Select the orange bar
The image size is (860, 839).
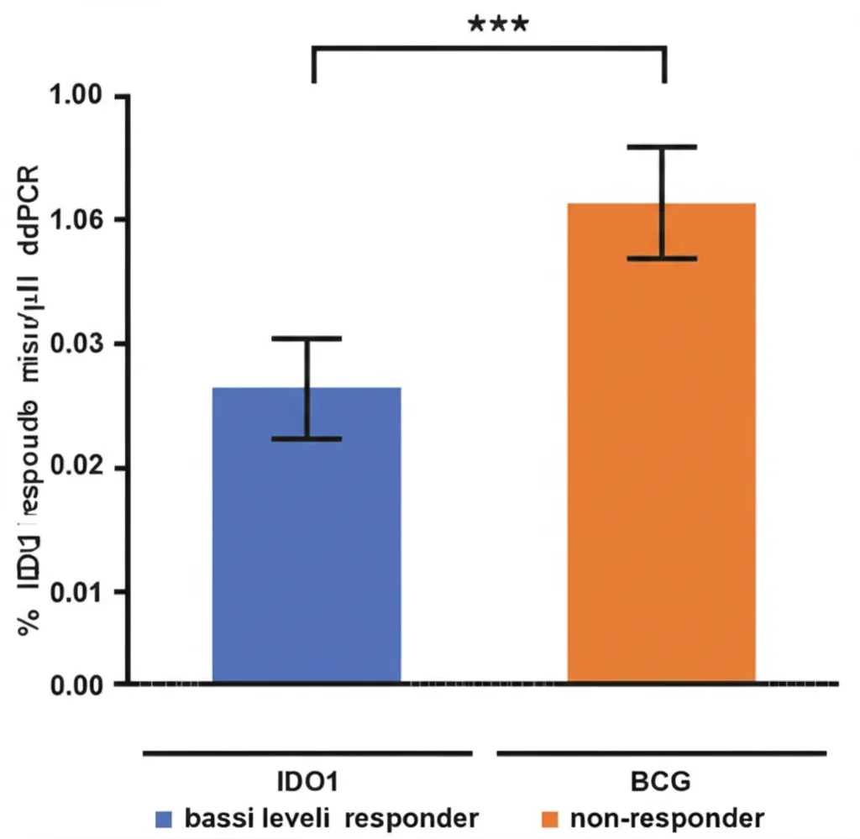click(x=662, y=445)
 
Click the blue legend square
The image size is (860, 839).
click(x=165, y=818)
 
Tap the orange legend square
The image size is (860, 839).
click(x=550, y=818)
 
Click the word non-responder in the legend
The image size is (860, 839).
click(x=667, y=818)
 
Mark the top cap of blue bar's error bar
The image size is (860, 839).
click(x=307, y=338)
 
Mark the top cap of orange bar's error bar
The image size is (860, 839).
click(x=663, y=147)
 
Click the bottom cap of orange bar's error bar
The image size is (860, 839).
click(x=663, y=259)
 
